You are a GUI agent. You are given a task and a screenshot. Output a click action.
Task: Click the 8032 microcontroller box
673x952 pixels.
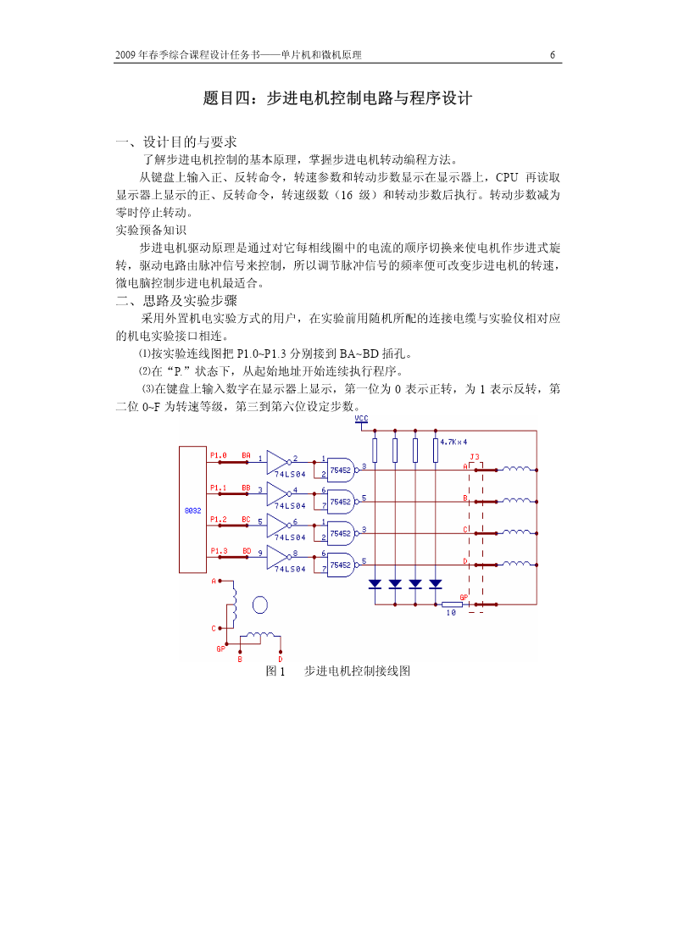click(x=192, y=509)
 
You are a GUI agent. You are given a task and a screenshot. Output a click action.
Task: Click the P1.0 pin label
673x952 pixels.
click(x=219, y=455)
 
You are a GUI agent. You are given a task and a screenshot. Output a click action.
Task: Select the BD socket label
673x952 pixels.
click(x=247, y=551)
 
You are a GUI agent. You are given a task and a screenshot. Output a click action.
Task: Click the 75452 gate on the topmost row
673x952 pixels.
click(x=341, y=470)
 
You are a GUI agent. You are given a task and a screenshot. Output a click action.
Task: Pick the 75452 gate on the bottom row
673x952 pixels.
click(x=341, y=565)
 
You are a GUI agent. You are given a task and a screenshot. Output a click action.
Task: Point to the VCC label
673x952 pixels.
click(x=361, y=419)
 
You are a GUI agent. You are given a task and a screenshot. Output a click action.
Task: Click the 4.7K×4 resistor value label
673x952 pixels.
click(x=453, y=442)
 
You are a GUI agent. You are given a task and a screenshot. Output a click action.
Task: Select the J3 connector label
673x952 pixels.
click(x=474, y=457)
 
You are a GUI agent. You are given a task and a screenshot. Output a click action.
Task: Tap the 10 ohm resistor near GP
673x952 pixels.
click(x=452, y=604)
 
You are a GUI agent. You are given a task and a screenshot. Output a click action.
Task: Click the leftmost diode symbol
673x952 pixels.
click(x=375, y=584)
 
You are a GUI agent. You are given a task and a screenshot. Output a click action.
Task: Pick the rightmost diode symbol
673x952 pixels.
click(x=435, y=584)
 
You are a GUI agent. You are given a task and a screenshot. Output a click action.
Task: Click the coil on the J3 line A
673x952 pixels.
click(x=516, y=468)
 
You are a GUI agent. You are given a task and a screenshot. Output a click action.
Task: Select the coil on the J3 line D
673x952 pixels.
click(x=516, y=564)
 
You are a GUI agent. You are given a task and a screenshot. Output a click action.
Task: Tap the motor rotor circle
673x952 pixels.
click(x=259, y=604)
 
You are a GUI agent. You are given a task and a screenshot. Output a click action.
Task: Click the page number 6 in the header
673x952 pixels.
click(x=553, y=54)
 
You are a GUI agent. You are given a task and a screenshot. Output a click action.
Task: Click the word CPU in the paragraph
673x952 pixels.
click(x=507, y=177)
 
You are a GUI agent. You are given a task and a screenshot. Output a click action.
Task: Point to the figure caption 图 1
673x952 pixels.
click(x=275, y=671)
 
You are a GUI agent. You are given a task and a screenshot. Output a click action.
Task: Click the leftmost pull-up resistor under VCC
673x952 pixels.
click(x=375, y=450)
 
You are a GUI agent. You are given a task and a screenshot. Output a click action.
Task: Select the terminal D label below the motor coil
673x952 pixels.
click(x=281, y=660)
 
